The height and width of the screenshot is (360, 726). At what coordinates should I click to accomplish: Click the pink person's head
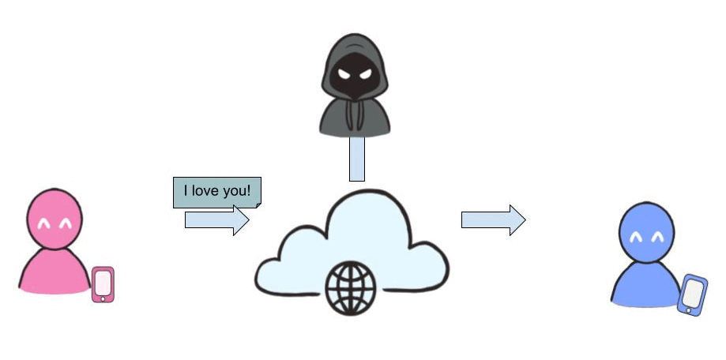55,219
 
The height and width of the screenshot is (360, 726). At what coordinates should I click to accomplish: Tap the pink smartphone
103,284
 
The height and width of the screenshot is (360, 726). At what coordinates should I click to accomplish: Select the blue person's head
647,232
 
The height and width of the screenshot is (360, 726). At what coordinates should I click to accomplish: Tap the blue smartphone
693,294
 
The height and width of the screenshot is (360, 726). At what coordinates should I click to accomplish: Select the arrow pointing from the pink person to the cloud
216,219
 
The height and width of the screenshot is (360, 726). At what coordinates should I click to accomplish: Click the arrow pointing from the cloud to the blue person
493,219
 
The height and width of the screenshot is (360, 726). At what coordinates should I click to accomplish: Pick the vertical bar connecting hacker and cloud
357,159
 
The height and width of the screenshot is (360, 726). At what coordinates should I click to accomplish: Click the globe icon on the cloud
351,288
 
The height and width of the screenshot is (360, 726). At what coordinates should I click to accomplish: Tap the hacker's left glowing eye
343,73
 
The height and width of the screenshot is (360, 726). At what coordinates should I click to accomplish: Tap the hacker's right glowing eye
366,73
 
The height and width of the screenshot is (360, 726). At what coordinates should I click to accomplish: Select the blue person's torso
646,283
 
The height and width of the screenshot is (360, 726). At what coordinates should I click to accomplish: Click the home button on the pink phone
103,299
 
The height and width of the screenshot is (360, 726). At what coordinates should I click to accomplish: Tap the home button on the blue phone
689,310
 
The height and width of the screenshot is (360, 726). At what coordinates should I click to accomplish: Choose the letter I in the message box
186,190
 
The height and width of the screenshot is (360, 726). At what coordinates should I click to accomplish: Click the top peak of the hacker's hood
354,34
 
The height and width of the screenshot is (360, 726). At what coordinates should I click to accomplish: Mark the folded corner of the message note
258,205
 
